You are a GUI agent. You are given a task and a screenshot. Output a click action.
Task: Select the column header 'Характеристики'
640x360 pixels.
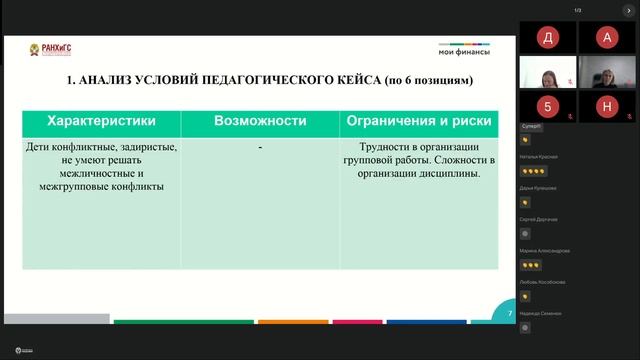101,121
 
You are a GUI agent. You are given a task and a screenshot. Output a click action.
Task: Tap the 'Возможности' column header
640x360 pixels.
260,121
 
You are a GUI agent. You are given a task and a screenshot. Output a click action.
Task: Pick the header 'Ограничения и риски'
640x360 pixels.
418,121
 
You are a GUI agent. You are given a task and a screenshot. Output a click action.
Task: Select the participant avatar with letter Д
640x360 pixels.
546,37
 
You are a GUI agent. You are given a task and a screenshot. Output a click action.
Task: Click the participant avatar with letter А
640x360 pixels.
606,37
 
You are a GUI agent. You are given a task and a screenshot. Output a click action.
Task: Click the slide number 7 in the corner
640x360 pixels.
510,313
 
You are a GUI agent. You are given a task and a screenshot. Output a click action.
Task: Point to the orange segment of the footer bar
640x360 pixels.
292,322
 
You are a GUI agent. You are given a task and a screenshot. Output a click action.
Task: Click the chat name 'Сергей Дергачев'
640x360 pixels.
539,219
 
